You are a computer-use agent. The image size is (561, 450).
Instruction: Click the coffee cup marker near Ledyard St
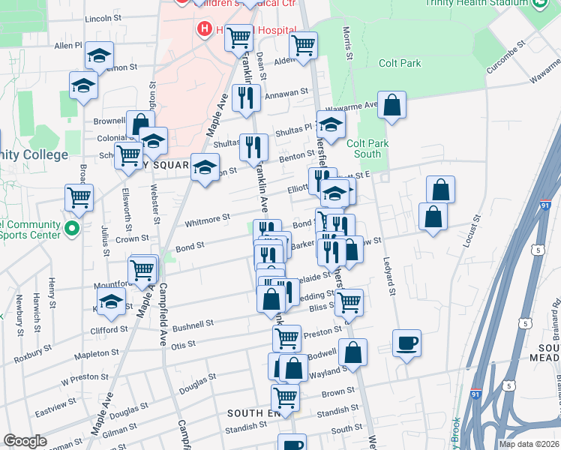click(406, 343)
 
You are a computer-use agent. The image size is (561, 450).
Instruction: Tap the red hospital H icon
click(202, 29)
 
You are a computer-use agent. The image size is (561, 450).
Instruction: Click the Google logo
click(25, 441)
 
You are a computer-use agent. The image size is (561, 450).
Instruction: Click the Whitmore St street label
click(208, 220)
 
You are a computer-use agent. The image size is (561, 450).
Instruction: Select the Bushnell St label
click(193, 324)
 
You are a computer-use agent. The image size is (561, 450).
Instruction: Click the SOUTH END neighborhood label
click(253, 413)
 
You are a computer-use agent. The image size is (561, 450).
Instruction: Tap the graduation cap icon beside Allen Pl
click(98, 55)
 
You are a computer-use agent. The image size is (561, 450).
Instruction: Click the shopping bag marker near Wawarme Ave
click(391, 106)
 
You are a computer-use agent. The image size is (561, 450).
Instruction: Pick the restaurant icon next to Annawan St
click(245, 97)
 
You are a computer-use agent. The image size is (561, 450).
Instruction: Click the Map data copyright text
click(528, 443)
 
